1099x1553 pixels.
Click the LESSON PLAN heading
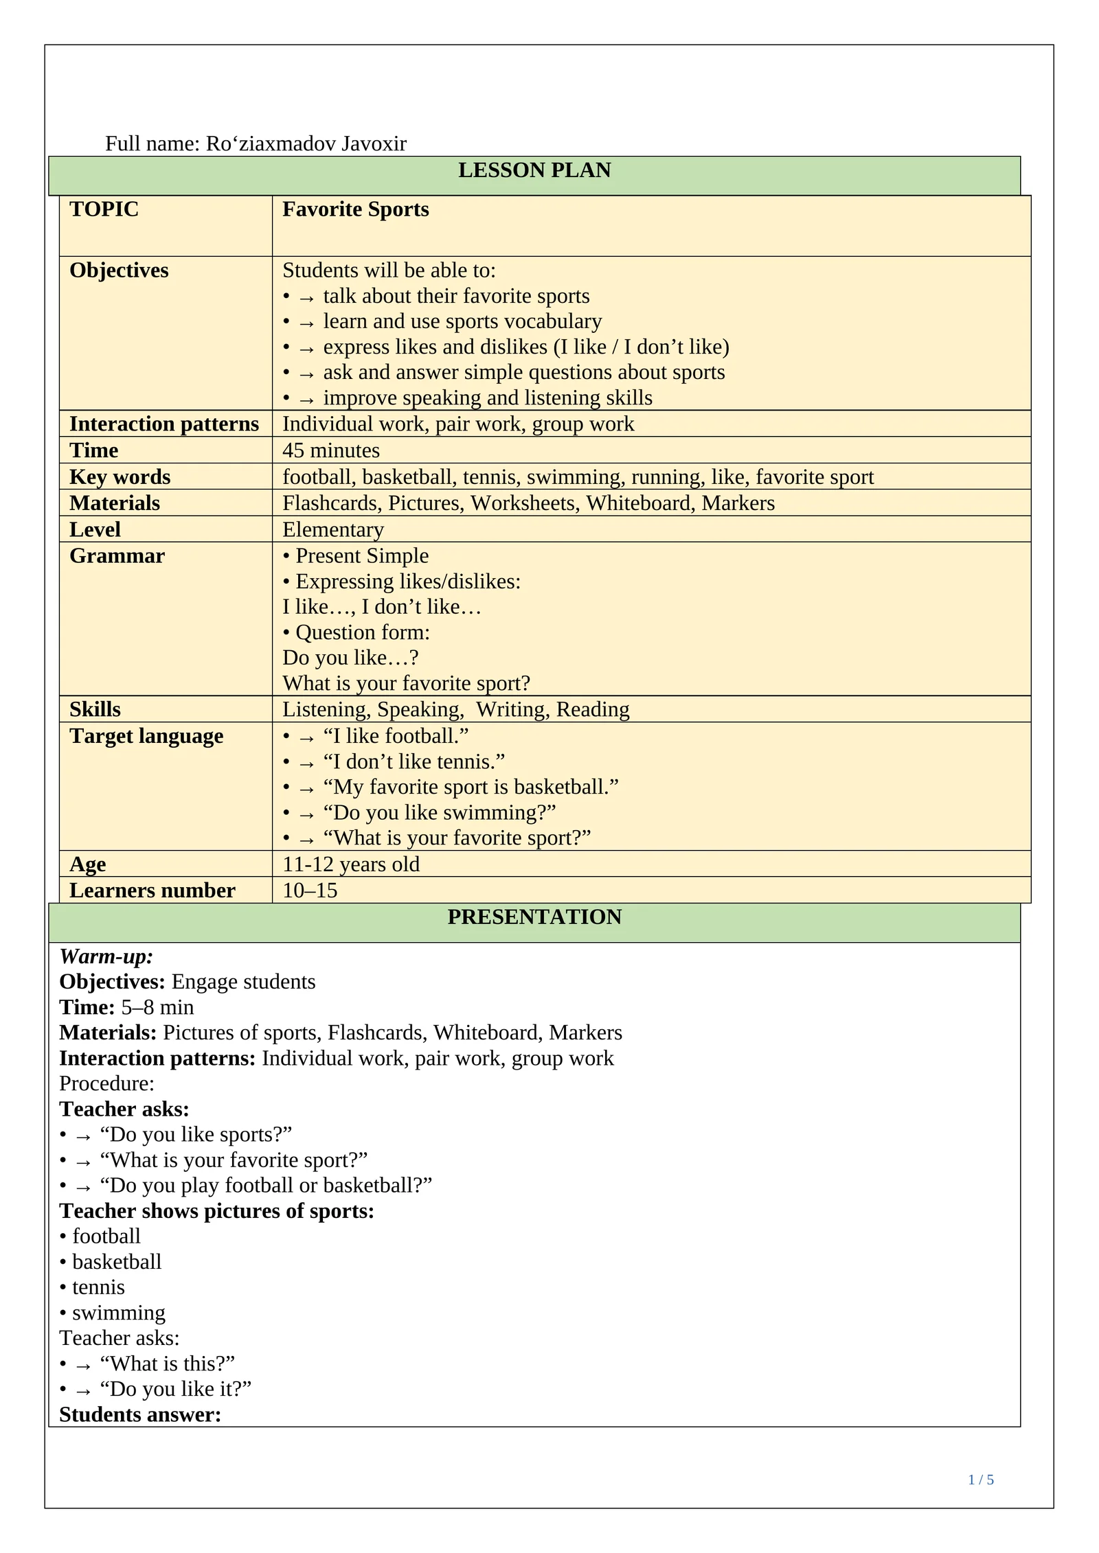[x=534, y=170]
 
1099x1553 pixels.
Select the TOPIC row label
[x=104, y=209]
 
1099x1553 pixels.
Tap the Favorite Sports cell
[x=355, y=209]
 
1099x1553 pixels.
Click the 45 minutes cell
[x=330, y=450]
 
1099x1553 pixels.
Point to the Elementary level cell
[x=333, y=529]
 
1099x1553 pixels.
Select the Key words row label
[x=120, y=476]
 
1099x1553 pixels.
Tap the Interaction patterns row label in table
[x=163, y=424]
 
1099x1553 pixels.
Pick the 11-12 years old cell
[x=350, y=864]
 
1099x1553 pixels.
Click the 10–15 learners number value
[x=310, y=890]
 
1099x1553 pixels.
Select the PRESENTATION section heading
[x=534, y=917]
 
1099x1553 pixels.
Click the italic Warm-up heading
[x=106, y=956]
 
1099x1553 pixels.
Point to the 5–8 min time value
[x=157, y=1007]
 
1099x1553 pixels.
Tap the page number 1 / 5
[x=980, y=1480]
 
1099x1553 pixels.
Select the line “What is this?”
[x=167, y=1364]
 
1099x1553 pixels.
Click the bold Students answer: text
[x=140, y=1414]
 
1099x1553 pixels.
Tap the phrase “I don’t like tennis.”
[x=413, y=761]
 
